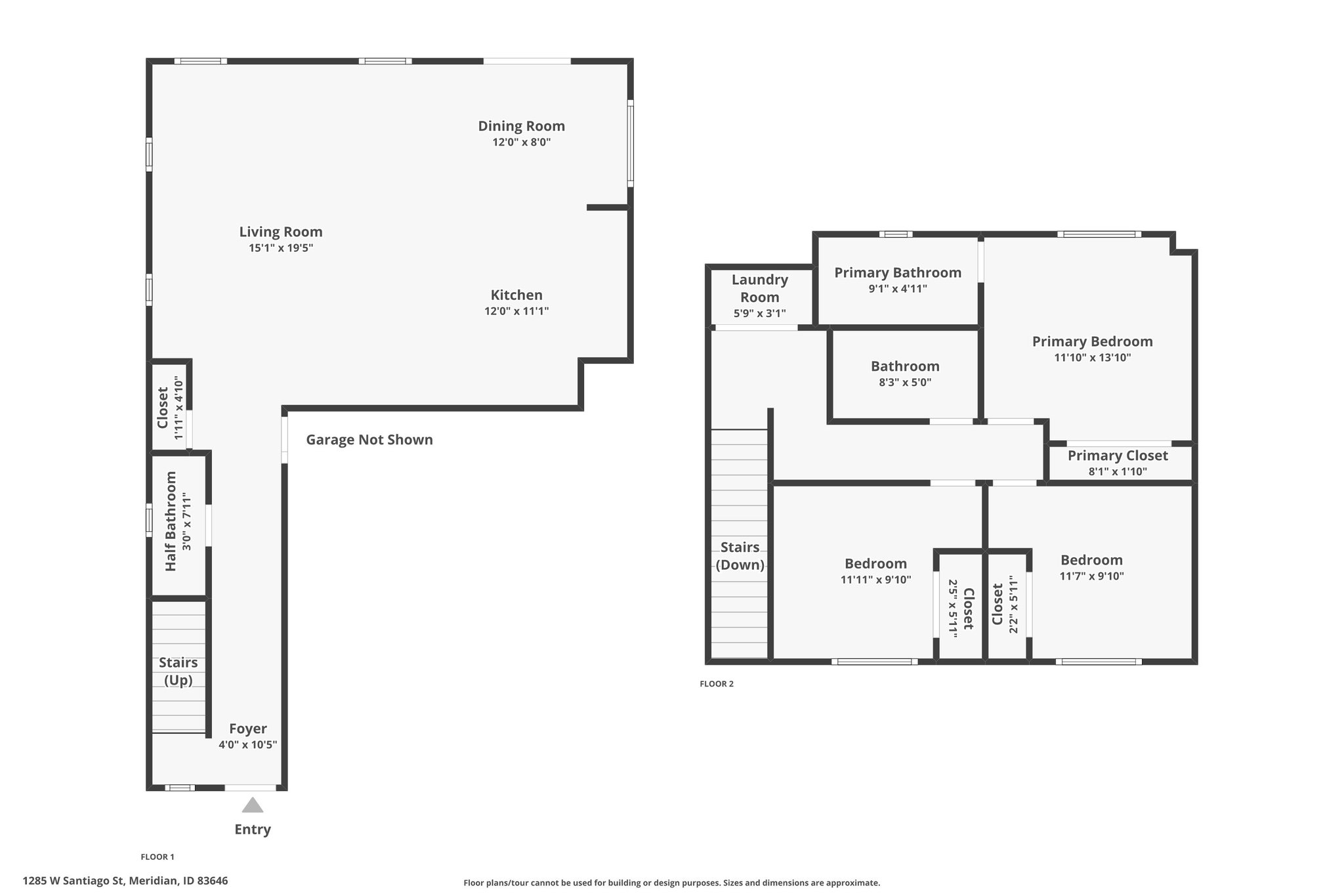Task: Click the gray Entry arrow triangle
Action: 253,805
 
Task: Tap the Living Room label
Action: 281,232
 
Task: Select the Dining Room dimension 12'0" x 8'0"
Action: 522,142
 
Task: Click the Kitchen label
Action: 516,295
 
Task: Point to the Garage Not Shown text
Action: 369,440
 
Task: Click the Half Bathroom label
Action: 171,521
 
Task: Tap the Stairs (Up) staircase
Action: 179,666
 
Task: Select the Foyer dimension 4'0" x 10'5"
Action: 248,744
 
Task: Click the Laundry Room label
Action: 760,288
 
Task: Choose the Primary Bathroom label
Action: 898,272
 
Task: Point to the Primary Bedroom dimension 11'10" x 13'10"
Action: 1093,358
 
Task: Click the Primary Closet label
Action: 1118,456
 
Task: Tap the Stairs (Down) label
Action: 740,556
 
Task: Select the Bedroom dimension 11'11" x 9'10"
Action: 876,580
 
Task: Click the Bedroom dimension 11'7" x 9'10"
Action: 1092,576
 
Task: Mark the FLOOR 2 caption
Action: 717,684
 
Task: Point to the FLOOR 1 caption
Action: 157,857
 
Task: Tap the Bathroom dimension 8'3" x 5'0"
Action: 905,383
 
